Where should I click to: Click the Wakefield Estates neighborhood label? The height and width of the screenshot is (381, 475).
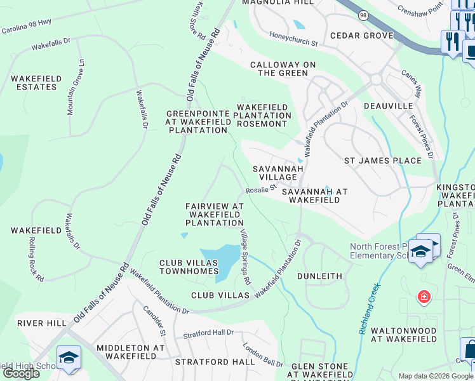pos(36,83)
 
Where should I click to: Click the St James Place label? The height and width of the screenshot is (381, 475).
pos(382,161)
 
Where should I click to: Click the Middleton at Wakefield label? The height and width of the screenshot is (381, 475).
pos(131,352)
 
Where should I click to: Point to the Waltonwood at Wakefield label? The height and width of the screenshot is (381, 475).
pos(403,335)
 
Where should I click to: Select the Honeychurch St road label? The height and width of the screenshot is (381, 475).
pos(293,39)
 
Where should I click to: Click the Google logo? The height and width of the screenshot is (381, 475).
pos(21,373)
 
